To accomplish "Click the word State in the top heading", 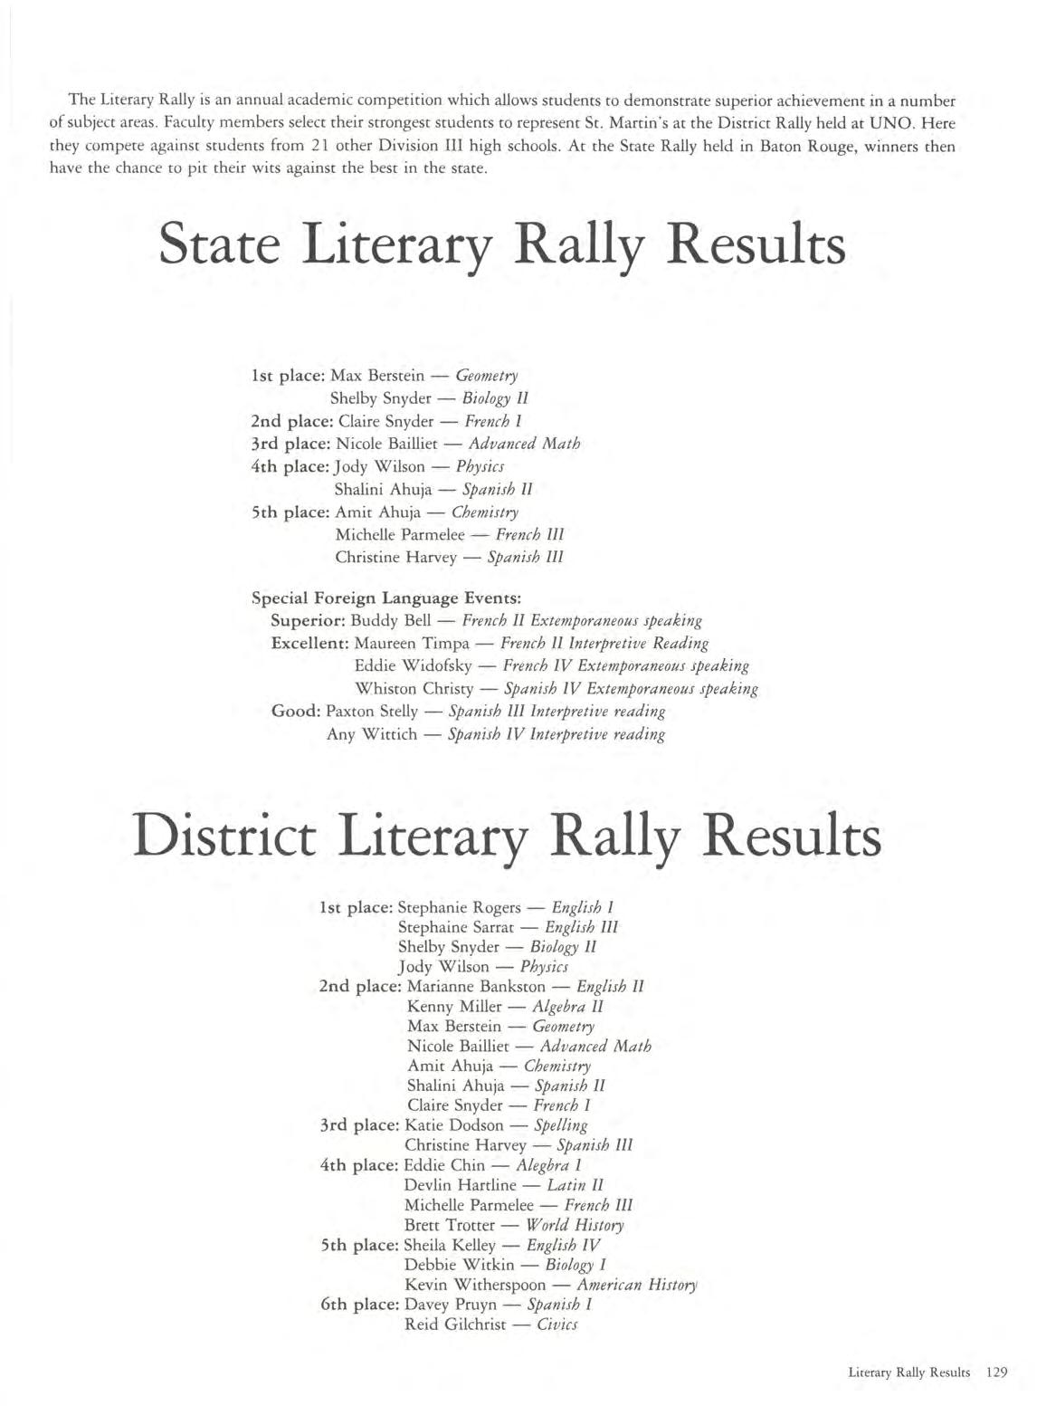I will coord(219,244).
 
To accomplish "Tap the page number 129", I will coord(996,1373).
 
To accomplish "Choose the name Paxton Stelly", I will coord(372,712).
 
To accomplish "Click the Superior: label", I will coord(308,621).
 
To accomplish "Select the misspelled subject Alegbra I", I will coord(548,1165).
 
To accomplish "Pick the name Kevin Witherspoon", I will coord(475,1285).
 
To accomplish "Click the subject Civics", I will coord(557,1325).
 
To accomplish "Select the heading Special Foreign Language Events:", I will coord(385,598).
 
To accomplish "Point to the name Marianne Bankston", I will coord(476,986).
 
